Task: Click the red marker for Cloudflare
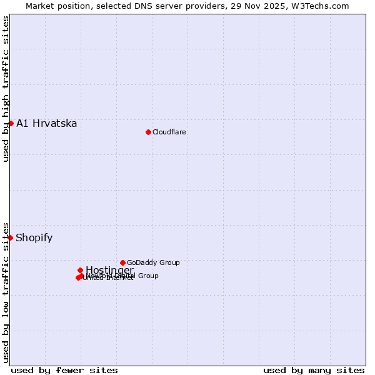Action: coord(148,132)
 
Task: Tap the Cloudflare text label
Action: coord(169,132)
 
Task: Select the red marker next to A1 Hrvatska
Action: coord(11,123)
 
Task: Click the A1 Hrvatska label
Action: coord(46,123)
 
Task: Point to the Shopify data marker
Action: coord(11,237)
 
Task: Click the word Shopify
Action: coord(34,237)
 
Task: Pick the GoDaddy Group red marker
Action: coord(122,262)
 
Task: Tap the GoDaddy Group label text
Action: coord(153,262)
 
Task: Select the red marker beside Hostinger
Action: coord(80,270)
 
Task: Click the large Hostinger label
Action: coord(109,270)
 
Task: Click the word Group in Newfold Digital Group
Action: coord(147,276)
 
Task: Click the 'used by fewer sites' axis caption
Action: coord(64,370)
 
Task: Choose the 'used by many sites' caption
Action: coord(314,370)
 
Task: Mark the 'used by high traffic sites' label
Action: coord(6,89)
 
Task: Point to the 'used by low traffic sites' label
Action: coord(6,292)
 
